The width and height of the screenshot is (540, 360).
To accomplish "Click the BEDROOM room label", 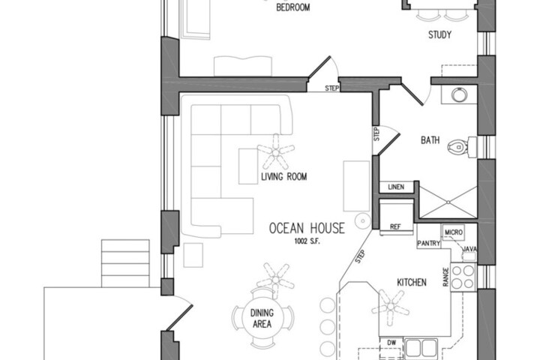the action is click(x=293, y=7).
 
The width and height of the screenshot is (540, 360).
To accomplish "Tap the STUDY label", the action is click(x=439, y=34).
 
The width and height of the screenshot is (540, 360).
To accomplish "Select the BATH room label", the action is click(x=430, y=140).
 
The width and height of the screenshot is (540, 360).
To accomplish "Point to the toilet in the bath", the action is click(x=462, y=147).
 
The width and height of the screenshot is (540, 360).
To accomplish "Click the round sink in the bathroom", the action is click(x=460, y=94).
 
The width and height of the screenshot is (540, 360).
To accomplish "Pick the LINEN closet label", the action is click(x=396, y=187).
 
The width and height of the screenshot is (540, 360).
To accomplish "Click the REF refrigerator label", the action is click(x=395, y=227).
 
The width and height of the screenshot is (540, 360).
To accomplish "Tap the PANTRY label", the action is click(x=429, y=244).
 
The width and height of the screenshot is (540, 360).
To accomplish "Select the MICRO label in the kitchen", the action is click(x=454, y=232).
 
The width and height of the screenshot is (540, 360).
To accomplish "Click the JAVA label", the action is click(x=469, y=249).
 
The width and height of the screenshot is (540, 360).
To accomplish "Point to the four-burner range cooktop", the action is click(x=463, y=277).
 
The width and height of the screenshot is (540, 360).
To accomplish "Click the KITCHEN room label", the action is click(x=412, y=283).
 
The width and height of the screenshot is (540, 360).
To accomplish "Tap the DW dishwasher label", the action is click(x=391, y=343).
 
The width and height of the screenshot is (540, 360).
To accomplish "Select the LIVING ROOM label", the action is click(x=283, y=177).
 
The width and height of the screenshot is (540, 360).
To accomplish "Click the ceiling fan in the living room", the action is click(x=276, y=151).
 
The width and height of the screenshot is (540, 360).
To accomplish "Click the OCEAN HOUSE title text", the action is click(x=307, y=228).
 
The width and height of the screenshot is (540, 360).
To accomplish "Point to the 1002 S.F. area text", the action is click(x=307, y=241).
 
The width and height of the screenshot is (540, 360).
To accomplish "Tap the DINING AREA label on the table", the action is click(x=262, y=318).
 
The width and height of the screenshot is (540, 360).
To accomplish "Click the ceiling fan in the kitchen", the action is click(x=391, y=307).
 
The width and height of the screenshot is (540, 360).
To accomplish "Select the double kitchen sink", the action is click(x=421, y=348).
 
